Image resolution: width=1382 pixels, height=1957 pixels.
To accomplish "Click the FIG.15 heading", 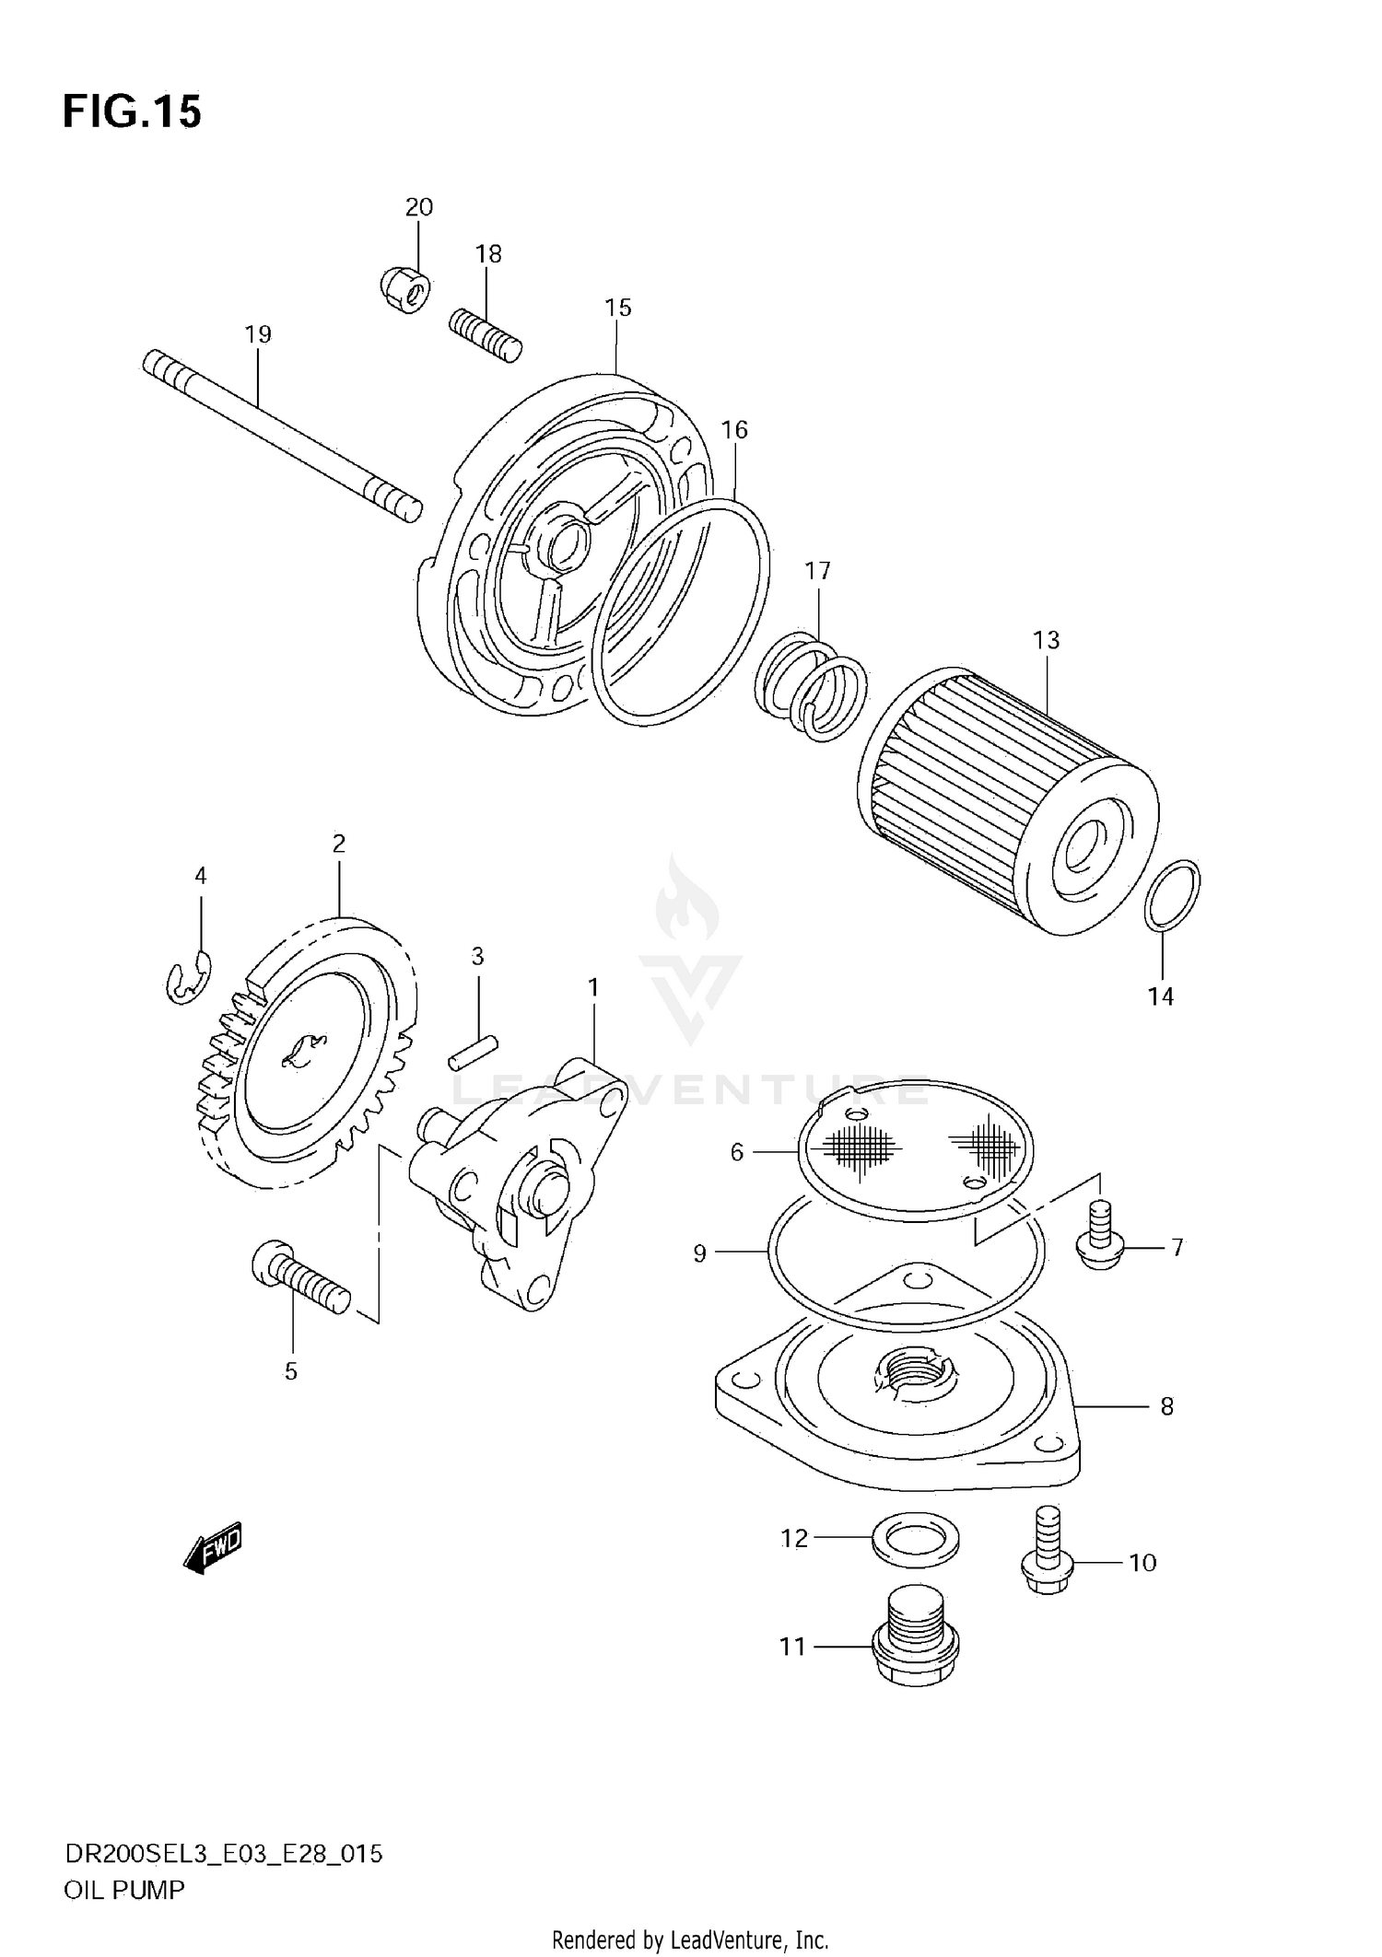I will tap(132, 112).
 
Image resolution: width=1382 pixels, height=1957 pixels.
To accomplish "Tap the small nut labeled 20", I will tap(404, 290).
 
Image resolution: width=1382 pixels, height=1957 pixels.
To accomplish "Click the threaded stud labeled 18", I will tap(486, 336).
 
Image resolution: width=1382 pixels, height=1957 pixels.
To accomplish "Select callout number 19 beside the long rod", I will tap(259, 334).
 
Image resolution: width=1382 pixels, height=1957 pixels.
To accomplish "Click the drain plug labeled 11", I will tap(914, 1648).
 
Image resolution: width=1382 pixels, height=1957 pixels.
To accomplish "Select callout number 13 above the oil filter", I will tap(1046, 639).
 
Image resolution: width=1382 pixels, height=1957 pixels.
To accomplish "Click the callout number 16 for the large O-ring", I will tap(734, 430).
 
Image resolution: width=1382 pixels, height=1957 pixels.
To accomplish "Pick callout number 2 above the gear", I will tap(339, 843).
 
